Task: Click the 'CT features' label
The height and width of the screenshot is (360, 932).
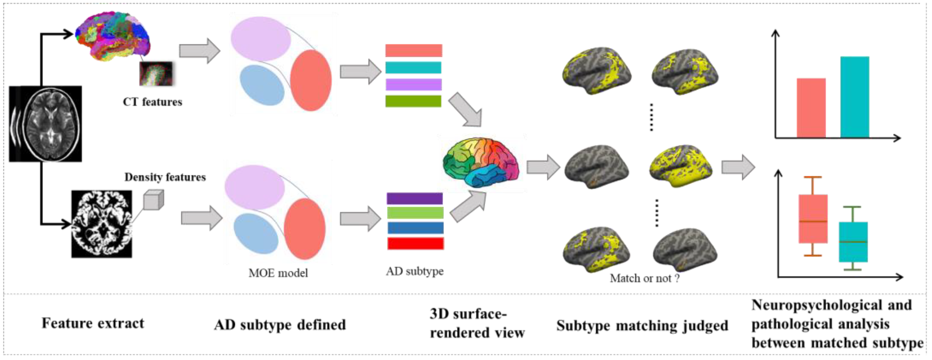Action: click(152, 102)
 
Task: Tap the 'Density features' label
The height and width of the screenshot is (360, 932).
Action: click(165, 177)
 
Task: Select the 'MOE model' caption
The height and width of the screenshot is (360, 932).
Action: click(278, 273)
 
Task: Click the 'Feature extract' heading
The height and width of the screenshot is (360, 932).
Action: click(93, 323)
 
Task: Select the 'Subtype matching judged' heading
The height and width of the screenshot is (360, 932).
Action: click(642, 325)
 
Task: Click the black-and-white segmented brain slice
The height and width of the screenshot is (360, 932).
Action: click(102, 224)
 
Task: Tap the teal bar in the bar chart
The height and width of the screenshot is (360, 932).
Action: click(854, 97)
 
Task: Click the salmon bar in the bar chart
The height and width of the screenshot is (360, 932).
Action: click(811, 108)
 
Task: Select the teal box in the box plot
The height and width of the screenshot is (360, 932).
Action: click(853, 242)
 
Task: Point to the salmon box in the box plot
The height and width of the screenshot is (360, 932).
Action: click(813, 219)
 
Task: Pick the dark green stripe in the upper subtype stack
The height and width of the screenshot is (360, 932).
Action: click(413, 101)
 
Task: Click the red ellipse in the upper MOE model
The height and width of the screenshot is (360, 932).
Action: click(310, 80)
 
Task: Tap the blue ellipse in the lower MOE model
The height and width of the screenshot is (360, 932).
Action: click(256, 233)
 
